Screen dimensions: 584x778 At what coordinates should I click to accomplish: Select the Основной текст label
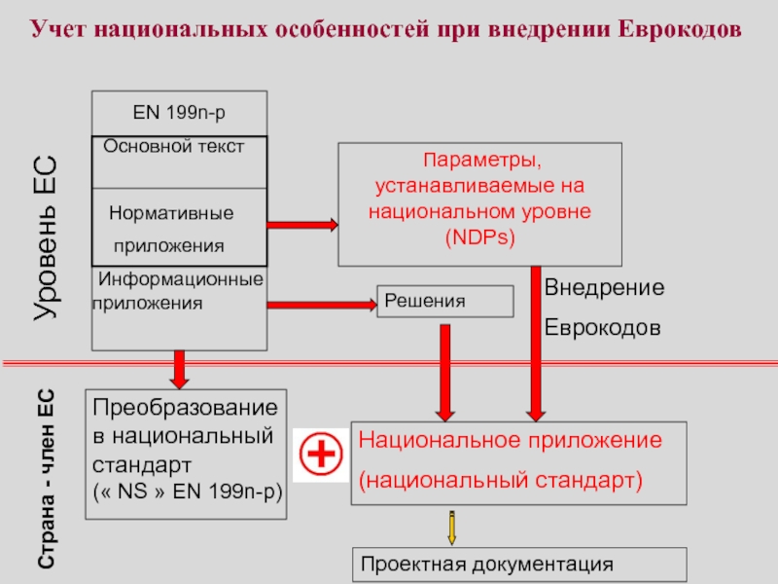tap(174, 146)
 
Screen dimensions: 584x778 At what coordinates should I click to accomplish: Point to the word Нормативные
tap(171, 211)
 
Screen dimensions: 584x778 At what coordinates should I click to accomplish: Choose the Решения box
tap(444, 302)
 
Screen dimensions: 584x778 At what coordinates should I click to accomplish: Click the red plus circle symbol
tap(321, 455)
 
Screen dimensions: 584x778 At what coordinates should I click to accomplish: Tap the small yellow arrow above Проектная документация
tap(451, 527)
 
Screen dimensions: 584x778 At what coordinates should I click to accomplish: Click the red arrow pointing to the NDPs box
tap(301, 225)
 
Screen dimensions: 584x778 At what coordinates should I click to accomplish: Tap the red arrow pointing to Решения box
tap(321, 306)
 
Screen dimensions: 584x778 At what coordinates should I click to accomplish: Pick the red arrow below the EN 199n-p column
tap(179, 368)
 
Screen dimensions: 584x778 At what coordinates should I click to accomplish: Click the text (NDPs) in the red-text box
tap(479, 237)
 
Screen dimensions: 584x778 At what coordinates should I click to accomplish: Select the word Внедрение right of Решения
tap(603, 288)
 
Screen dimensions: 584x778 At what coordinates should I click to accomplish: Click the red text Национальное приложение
tap(511, 440)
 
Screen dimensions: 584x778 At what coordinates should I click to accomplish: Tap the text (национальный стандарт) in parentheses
tap(502, 480)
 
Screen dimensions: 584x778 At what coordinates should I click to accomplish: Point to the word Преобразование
tap(186, 407)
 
